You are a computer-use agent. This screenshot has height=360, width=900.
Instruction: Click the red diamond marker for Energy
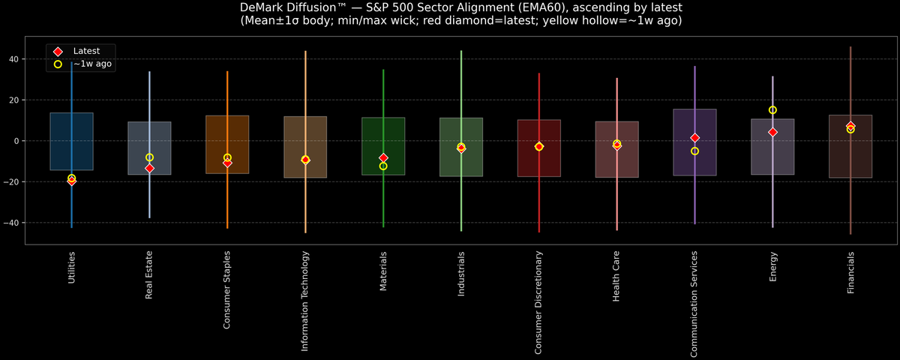click(x=772, y=132)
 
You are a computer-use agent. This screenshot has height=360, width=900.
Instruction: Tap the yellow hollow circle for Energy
click(x=772, y=110)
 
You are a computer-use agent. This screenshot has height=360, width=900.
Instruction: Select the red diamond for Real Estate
click(x=149, y=168)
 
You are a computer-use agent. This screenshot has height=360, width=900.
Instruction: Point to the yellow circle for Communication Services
click(x=694, y=151)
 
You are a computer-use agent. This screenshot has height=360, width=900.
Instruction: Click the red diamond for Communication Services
click(x=694, y=138)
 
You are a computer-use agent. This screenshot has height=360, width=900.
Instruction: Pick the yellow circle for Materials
click(x=383, y=166)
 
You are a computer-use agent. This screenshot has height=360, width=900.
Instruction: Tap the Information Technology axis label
click(x=305, y=300)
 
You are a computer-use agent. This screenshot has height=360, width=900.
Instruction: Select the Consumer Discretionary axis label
click(x=538, y=301)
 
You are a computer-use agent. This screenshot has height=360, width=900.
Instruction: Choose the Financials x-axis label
click(x=850, y=273)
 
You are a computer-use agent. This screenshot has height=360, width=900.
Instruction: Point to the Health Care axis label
click(x=616, y=276)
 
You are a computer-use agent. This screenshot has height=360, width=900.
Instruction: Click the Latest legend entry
click(x=85, y=50)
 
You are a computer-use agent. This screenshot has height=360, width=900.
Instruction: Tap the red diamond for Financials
click(x=850, y=126)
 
